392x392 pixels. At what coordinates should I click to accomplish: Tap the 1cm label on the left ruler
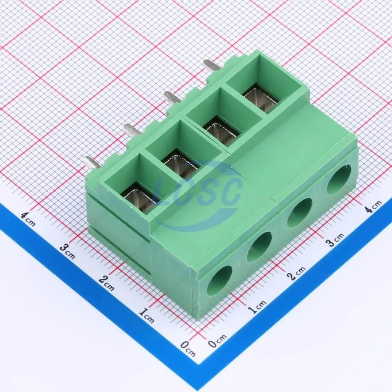point(147,316)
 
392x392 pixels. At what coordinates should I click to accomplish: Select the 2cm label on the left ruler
point(107,283)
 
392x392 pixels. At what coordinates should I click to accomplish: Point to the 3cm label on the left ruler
point(68,251)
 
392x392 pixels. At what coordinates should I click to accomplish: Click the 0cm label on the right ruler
point(217,341)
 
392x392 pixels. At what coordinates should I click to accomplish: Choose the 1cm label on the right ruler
point(257,307)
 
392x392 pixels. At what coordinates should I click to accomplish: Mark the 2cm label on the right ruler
point(296,273)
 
